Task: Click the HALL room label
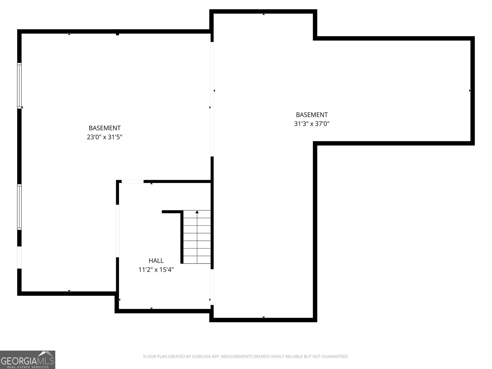(x=156, y=261)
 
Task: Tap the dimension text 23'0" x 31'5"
(x=105, y=137)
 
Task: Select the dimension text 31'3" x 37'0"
(x=312, y=124)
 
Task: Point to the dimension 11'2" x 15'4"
(x=156, y=270)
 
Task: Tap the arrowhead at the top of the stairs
(x=197, y=212)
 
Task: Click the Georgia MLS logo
(x=27, y=359)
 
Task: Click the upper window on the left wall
(x=19, y=85)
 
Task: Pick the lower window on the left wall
(x=19, y=207)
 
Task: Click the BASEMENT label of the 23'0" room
(x=105, y=128)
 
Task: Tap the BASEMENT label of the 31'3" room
(x=312, y=115)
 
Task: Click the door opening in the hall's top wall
(x=133, y=181)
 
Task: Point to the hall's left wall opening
(x=117, y=231)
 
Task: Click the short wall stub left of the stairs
(x=172, y=212)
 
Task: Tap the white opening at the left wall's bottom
(x=19, y=257)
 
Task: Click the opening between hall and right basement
(x=212, y=287)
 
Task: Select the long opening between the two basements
(x=212, y=98)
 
